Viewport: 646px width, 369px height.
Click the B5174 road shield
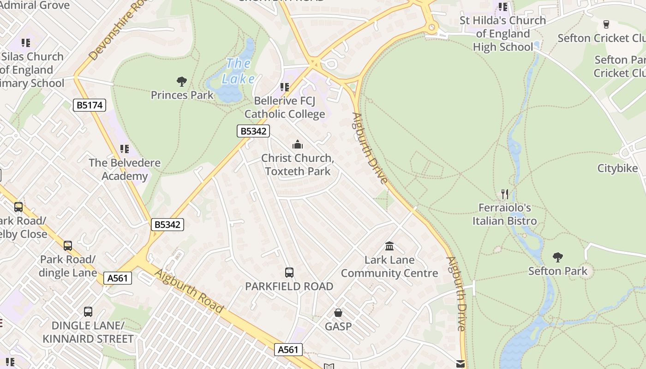pos(90,105)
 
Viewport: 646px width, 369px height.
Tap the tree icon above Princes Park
pos(182,82)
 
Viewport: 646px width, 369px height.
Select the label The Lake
pos(239,71)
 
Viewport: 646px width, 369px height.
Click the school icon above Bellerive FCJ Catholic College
pos(285,87)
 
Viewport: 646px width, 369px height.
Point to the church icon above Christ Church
pos(298,145)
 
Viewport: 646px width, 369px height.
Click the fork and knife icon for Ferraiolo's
pos(505,194)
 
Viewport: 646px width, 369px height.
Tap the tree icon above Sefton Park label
pos(557,257)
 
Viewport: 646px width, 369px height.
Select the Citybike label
pos(617,168)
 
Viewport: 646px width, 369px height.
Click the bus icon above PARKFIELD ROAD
pos(289,273)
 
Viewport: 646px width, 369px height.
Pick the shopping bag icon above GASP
pos(338,313)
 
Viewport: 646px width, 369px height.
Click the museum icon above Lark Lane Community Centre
pos(389,246)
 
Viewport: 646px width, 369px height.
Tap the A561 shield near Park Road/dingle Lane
pos(118,278)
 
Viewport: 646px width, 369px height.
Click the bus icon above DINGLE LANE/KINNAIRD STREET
pos(88,312)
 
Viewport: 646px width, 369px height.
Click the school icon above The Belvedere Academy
pos(125,149)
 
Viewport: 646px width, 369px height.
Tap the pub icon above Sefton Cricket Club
pos(606,24)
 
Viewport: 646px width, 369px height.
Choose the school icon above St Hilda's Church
pos(503,7)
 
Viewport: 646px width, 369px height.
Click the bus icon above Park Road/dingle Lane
pos(68,246)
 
